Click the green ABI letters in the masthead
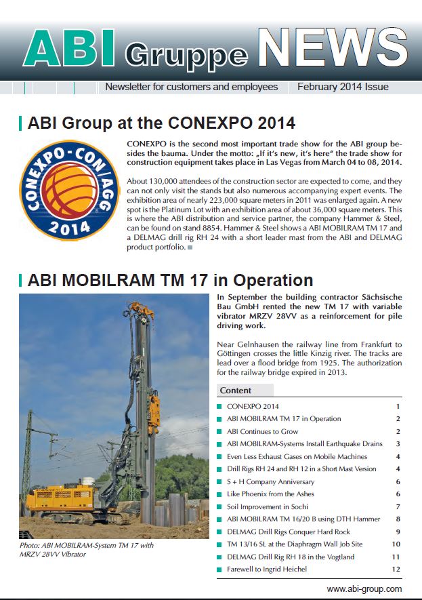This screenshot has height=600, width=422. pyautogui.click(x=70, y=48)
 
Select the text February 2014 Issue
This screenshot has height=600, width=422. pyautogui.click(x=343, y=87)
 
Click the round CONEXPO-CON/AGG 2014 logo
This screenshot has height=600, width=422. pyautogui.click(x=70, y=191)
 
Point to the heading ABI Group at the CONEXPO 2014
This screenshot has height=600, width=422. pyautogui.click(x=161, y=123)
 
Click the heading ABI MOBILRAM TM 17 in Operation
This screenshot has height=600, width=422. pyautogui.click(x=171, y=280)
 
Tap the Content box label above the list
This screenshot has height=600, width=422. pyautogui.click(x=236, y=391)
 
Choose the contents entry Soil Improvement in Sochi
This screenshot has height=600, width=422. pyautogui.click(x=267, y=506)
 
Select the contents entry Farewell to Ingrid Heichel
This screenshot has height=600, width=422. pyautogui.click(x=267, y=569)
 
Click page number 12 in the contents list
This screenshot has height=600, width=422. pyautogui.click(x=396, y=569)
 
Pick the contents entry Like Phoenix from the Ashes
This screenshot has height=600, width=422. pyautogui.click(x=270, y=494)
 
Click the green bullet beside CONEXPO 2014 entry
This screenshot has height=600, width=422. pyautogui.click(x=219, y=406)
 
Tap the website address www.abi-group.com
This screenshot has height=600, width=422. pyautogui.click(x=364, y=589)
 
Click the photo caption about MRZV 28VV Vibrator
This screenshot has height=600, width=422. pyautogui.click(x=87, y=549)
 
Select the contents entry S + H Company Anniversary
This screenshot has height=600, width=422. pyautogui.click(x=270, y=481)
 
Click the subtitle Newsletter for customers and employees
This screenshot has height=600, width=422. pyautogui.click(x=192, y=87)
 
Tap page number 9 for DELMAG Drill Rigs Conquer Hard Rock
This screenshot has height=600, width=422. pyautogui.click(x=398, y=532)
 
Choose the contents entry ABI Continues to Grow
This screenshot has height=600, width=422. pyautogui.click(x=262, y=431)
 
